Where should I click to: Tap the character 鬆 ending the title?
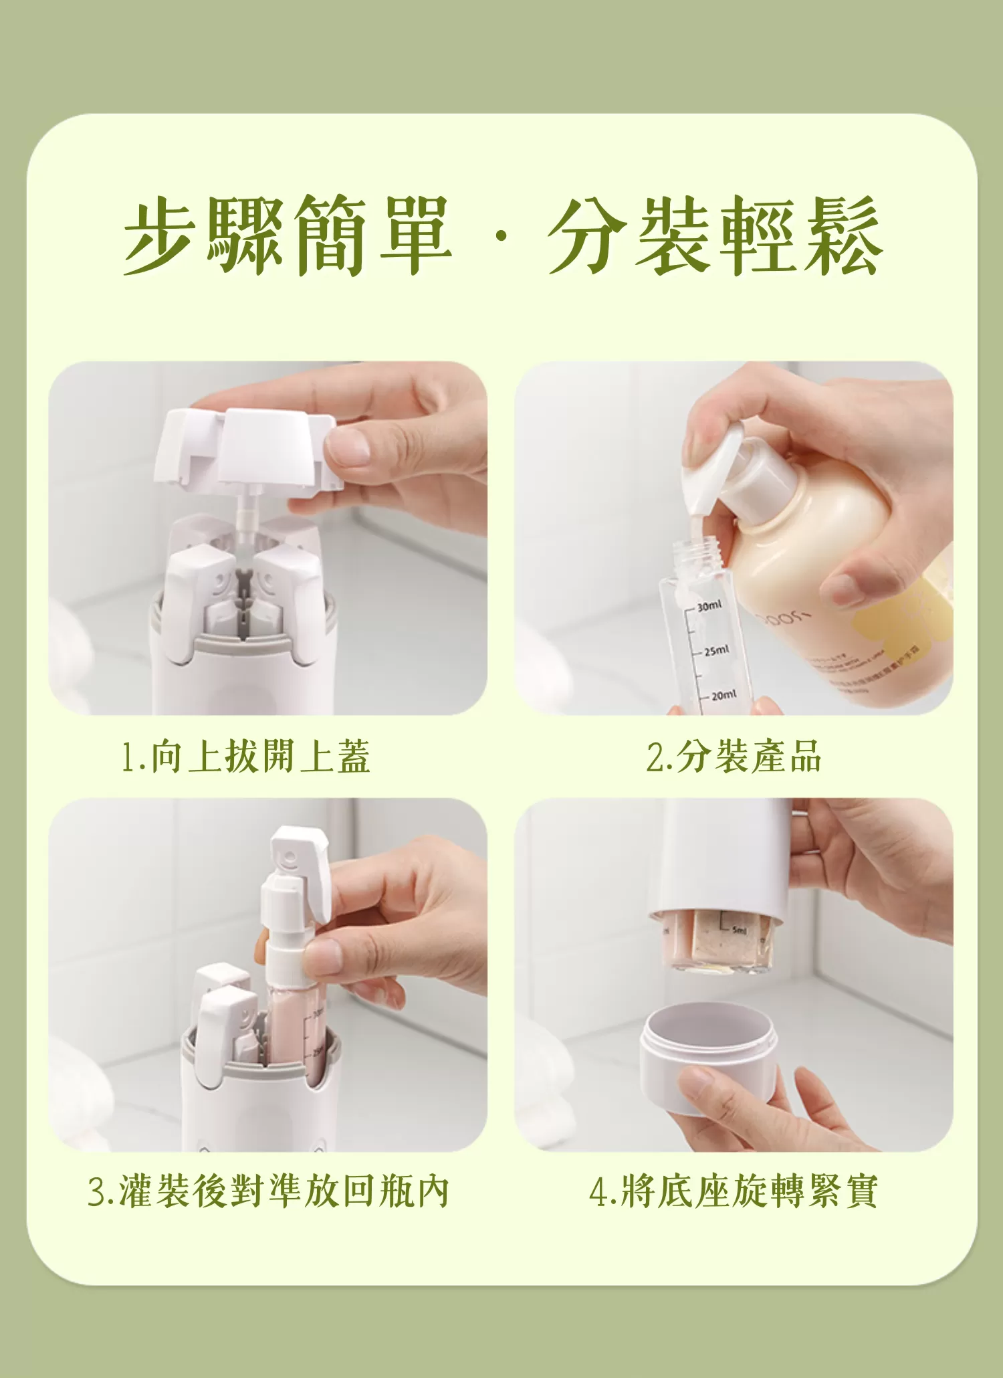click(x=844, y=235)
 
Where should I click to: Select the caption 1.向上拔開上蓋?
click(x=245, y=757)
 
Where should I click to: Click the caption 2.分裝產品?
click(x=734, y=757)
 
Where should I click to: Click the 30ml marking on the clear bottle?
click(x=709, y=606)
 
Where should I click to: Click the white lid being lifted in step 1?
click(x=247, y=448)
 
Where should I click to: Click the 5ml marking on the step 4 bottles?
click(x=739, y=930)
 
